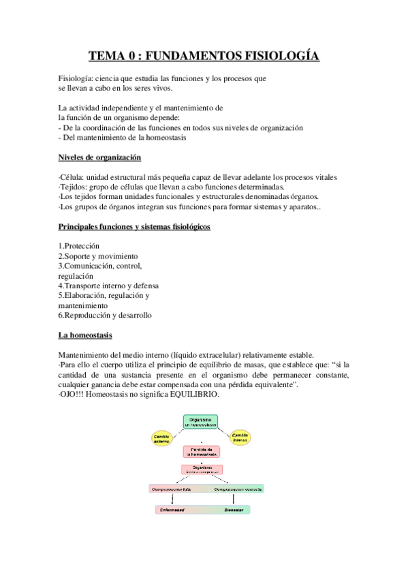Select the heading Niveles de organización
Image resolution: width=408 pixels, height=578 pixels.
point(99,158)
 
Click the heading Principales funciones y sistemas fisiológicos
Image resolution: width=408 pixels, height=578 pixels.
point(134,226)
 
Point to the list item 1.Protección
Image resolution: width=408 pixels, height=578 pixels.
point(79,245)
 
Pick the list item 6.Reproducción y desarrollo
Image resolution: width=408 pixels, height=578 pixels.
point(105,316)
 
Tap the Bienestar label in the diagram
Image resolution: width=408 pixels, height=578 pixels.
point(234,509)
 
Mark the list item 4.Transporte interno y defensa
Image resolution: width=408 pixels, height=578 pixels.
point(108,286)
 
